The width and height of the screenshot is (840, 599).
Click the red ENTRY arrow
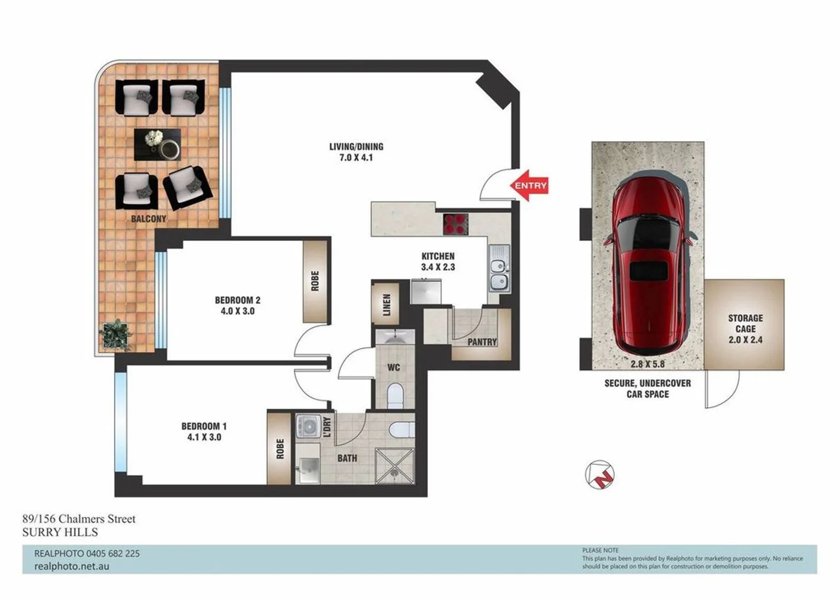[x=529, y=185]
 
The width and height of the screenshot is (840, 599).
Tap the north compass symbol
[x=599, y=475]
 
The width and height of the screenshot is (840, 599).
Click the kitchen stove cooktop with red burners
[x=455, y=224]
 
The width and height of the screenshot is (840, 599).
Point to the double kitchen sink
[x=499, y=268]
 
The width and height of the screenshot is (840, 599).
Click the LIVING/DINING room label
[x=356, y=146]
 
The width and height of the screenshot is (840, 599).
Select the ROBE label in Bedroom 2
[x=315, y=281]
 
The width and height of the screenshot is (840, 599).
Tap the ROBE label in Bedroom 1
[x=280, y=448]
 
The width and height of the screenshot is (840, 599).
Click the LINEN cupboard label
[x=386, y=304]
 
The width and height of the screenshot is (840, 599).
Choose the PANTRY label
[x=482, y=342]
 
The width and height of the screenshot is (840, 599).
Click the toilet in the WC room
[x=395, y=395]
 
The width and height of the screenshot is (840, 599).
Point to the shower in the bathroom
[x=394, y=465]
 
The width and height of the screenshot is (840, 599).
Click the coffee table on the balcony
[x=157, y=145]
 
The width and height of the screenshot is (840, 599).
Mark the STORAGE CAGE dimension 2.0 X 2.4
[x=745, y=339]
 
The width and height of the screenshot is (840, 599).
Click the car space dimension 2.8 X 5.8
[x=648, y=364]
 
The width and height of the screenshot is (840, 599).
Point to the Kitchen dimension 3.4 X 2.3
[x=437, y=267]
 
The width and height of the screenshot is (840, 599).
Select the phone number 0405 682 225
[x=113, y=554]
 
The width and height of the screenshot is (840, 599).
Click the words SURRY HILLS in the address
[x=60, y=532]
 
